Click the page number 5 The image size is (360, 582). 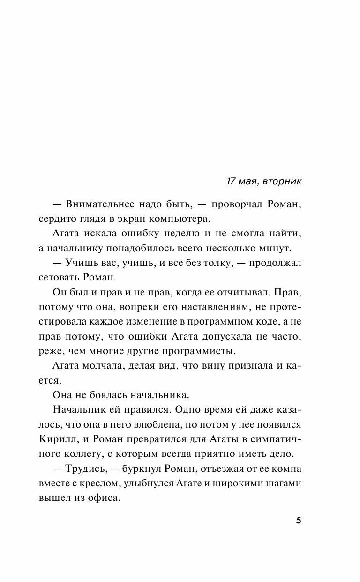coord(299,521)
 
